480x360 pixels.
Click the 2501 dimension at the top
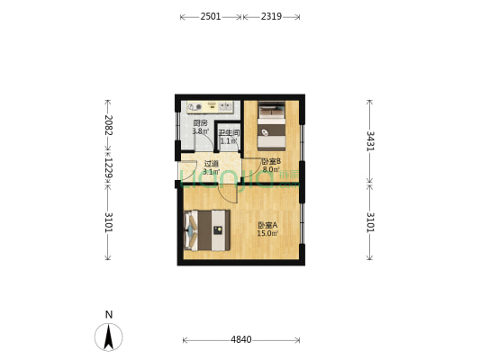click(211, 16)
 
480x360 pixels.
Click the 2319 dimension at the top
click(271, 16)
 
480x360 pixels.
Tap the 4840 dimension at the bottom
click(241, 339)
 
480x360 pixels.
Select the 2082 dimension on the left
click(108, 126)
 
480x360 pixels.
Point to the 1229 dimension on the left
click(108, 168)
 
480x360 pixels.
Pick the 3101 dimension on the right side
click(369, 221)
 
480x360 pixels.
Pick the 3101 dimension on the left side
click(108, 221)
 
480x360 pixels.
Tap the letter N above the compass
click(109, 314)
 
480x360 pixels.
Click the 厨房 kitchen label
click(200, 123)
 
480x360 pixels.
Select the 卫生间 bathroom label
click(228, 133)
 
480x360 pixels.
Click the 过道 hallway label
click(211, 164)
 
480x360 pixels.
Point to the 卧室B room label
click(270, 162)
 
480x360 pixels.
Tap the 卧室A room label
click(267, 225)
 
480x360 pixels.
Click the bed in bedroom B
click(271, 128)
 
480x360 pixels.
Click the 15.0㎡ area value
click(267, 233)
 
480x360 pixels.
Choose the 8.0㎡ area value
click(270, 169)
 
